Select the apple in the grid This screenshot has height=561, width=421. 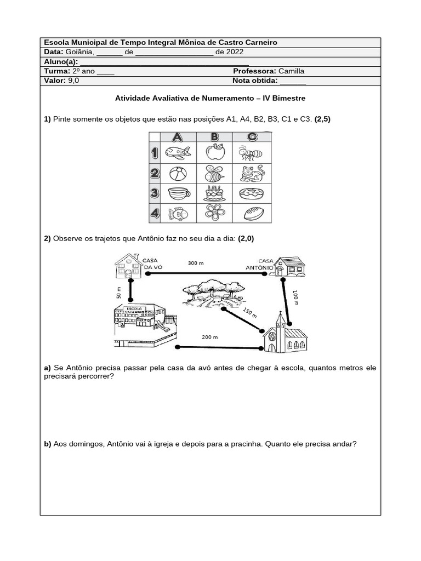215,152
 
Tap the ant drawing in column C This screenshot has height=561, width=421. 251,152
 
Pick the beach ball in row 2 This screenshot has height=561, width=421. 177,174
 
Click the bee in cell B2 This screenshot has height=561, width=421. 214,174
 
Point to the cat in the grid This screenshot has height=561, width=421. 252,174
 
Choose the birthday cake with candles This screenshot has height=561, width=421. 214,193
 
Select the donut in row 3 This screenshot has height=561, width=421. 252,194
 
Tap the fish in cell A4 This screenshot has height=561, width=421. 177,213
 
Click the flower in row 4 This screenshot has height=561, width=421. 214,213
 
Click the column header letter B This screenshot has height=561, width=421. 214,137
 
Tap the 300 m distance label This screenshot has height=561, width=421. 196,263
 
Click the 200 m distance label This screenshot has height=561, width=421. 209,337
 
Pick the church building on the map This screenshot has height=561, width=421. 283,335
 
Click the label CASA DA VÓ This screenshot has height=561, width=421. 153,264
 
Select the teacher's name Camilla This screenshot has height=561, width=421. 291,71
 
